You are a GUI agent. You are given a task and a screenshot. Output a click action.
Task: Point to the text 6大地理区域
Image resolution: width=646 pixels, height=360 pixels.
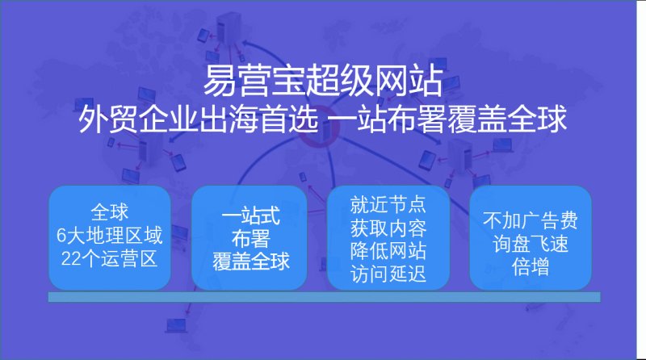coord(110,237)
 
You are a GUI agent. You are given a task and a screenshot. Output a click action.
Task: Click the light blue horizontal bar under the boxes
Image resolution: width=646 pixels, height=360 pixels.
coord(323,298)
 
